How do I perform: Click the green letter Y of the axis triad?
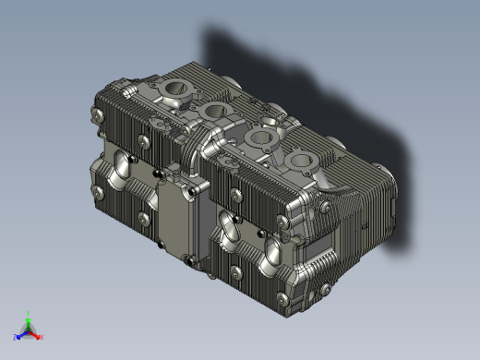[x=30, y=314]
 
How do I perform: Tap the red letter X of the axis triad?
[x=42, y=337]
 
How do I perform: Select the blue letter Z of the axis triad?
[x=16, y=337]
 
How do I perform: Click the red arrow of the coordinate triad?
[x=36, y=334]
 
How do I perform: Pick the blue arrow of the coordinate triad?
[x=22, y=334]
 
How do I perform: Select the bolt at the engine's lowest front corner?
[x=279, y=297]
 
